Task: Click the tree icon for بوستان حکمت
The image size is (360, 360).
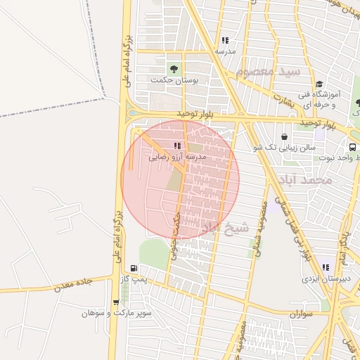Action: pyautogui.click(x=173, y=69)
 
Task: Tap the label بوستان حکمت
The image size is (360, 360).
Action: pyautogui.click(x=174, y=81)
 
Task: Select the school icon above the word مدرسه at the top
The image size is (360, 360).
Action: pyautogui.click(x=225, y=41)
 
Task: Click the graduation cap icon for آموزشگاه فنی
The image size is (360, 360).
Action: pyautogui.click(x=319, y=84)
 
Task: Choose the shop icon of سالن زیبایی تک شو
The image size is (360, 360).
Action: pyautogui.click(x=284, y=136)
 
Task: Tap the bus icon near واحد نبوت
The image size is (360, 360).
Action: pyautogui.click(x=352, y=148)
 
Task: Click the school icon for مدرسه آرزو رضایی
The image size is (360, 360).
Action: pyautogui.click(x=176, y=146)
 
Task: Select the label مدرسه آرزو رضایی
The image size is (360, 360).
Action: pyautogui.click(x=177, y=157)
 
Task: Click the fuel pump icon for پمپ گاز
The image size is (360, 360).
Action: pyautogui.click(x=134, y=269)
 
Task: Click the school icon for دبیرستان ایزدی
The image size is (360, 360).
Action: pyautogui.click(x=325, y=267)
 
